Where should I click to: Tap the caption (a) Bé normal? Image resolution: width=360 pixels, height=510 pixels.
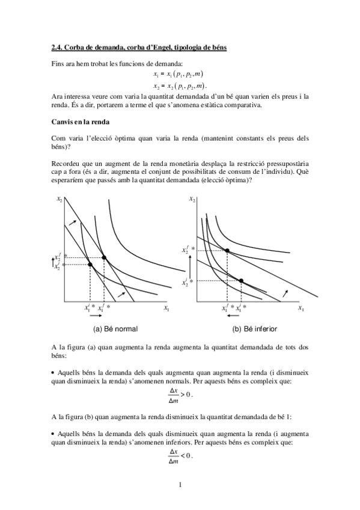click(115, 329)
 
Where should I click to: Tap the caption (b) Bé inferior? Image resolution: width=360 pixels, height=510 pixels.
click(255, 329)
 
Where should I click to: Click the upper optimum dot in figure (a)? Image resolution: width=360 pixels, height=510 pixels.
click(104, 257)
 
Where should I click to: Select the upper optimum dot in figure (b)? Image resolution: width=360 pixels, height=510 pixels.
click(227, 250)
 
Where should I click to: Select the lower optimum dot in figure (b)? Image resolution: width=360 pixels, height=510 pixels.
click(241, 280)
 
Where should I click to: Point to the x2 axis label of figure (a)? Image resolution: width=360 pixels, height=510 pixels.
click(58, 200)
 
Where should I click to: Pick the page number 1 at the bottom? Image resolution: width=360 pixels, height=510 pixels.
click(180, 484)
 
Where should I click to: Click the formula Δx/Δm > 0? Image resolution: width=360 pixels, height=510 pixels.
click(180, 395)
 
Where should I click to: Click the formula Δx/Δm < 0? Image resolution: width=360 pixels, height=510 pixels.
click(180, 456)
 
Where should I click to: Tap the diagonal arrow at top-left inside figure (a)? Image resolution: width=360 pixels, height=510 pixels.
click(73, 223)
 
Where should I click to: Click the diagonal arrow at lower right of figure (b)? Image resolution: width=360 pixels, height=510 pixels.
click(285, 293)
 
